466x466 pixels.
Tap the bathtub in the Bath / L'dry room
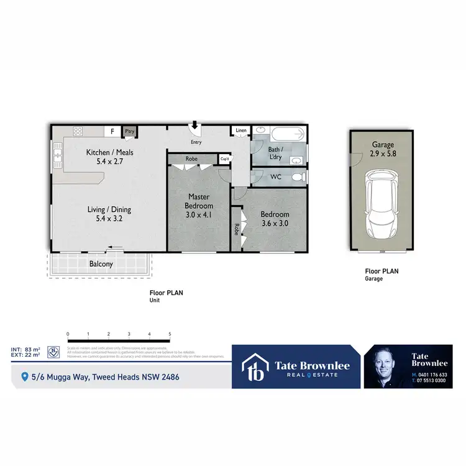(x=287, y=133)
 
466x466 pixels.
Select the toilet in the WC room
(x=298, y=178)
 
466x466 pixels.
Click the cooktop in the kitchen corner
(x=78, y=131)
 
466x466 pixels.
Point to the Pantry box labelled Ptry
(x=129, y=132)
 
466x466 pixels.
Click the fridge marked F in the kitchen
(x=112, y=132)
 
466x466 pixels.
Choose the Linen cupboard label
(x=240, y=130)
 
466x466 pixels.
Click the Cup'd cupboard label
(x=224, y=159)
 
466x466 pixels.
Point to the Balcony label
(x=101, y=264)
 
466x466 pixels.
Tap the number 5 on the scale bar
(x=170, y=334)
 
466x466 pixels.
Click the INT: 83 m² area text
(x=25, y=350)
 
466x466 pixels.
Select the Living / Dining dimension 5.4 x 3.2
(x=109, y=219)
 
